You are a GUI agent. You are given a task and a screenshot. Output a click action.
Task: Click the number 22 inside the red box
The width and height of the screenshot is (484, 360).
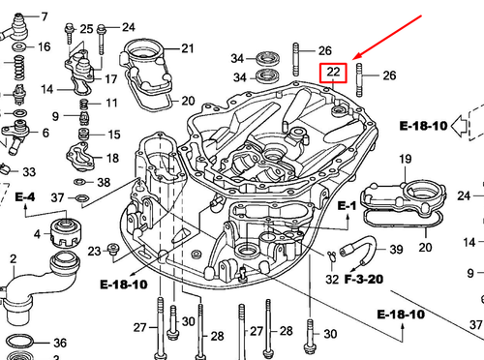(x=333, y=73)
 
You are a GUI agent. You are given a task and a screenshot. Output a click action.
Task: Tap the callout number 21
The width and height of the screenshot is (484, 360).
(x=187, y=47)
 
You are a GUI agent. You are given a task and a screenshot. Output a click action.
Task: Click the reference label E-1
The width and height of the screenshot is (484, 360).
(x=348, y=206)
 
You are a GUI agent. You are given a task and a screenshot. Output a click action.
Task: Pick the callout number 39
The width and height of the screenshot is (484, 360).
(x=397, y=250)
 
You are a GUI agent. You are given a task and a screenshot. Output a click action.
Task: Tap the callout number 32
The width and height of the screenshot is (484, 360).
(x=333, y=281)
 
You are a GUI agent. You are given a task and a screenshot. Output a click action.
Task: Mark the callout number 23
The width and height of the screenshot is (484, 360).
(x=94, y=252)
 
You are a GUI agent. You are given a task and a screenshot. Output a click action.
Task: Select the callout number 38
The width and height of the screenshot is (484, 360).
(x=104, y=182)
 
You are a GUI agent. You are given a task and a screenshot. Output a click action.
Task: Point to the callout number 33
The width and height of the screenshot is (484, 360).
(x=29, y=172)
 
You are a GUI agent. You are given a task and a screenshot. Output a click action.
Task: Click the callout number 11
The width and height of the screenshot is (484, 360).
(x=111, y=103)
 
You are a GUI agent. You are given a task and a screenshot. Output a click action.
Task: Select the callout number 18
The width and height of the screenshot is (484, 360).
(x=112, y=158)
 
